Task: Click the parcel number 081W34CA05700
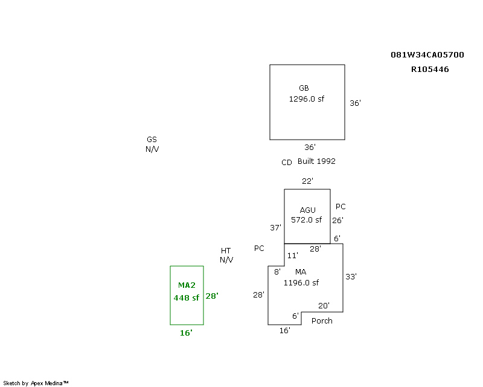tap(427, 54)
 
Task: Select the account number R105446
tap(430, 69)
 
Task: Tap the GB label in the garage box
tap(304, 88)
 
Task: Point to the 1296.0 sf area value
tap(306, 99)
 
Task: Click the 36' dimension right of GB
tap(355, 103)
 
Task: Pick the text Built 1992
tap(316, 161)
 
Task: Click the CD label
tap(287, 163)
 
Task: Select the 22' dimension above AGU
tap(307, 181)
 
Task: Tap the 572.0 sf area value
tap(306, 220)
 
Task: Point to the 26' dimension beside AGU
tap(337, 221)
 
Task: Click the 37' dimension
tap(275, 228)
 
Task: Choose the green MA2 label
tap(187, 285)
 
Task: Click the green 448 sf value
tap(186, 298)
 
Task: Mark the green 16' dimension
tap(186, 333)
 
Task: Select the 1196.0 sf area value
tap(301, 282)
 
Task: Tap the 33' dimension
tap(351, 276)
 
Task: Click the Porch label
tap(322, 321)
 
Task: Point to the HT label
tap(226, 250)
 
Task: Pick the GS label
tap(152, 140)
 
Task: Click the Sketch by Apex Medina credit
tap(36, 383)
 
